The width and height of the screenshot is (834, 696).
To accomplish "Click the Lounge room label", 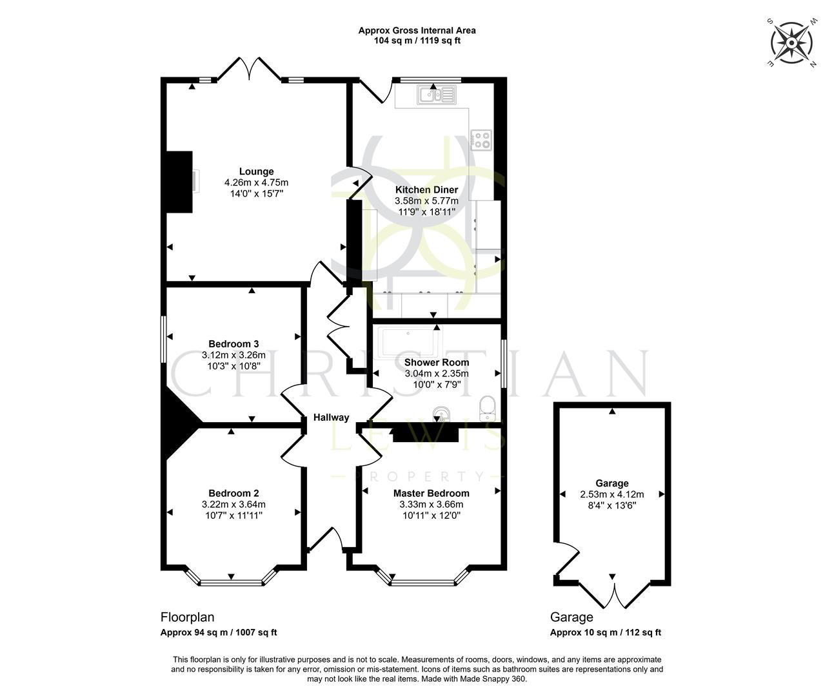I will [x=256, y=171].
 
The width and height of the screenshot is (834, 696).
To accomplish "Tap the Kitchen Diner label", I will [x=426, y=190].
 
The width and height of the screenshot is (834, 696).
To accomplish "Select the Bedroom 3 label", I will [x=233, y=344].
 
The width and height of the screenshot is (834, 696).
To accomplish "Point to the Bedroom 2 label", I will [x=233, y=494].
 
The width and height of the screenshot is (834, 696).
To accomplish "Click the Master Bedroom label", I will [x=431, y=494].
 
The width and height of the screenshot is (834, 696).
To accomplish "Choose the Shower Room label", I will [x=437, y=363].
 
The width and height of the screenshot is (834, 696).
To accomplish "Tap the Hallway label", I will [x=331, y=417].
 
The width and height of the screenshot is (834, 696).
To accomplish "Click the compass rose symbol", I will [x=791, y=43].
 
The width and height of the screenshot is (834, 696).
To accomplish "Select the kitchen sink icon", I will [x=437, y=96].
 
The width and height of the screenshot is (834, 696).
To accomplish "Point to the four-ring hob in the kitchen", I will [x=482, y=140].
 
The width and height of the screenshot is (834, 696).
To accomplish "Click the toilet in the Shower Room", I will [x=488, y=407].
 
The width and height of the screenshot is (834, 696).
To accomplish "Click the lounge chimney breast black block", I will [x=180, y=182].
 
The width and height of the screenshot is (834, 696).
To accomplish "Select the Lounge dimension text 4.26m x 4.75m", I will [x=256, y=182].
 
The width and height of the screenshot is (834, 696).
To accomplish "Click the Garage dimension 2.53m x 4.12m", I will [x=611, y=494].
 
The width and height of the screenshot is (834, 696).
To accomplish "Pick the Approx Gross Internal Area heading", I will [x=417, y=30].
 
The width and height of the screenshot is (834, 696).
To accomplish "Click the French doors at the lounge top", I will [x=249, y=69].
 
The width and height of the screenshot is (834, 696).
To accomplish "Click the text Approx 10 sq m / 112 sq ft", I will [x=605, y=633].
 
